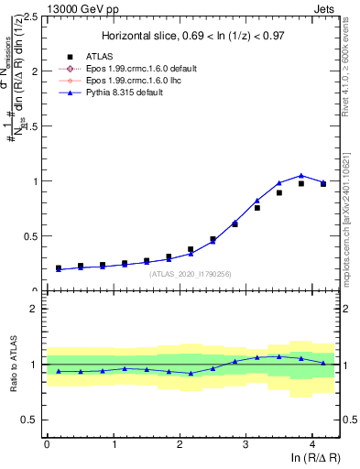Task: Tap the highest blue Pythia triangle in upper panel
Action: click(300, 175)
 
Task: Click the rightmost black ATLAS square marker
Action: click(322, 183)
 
